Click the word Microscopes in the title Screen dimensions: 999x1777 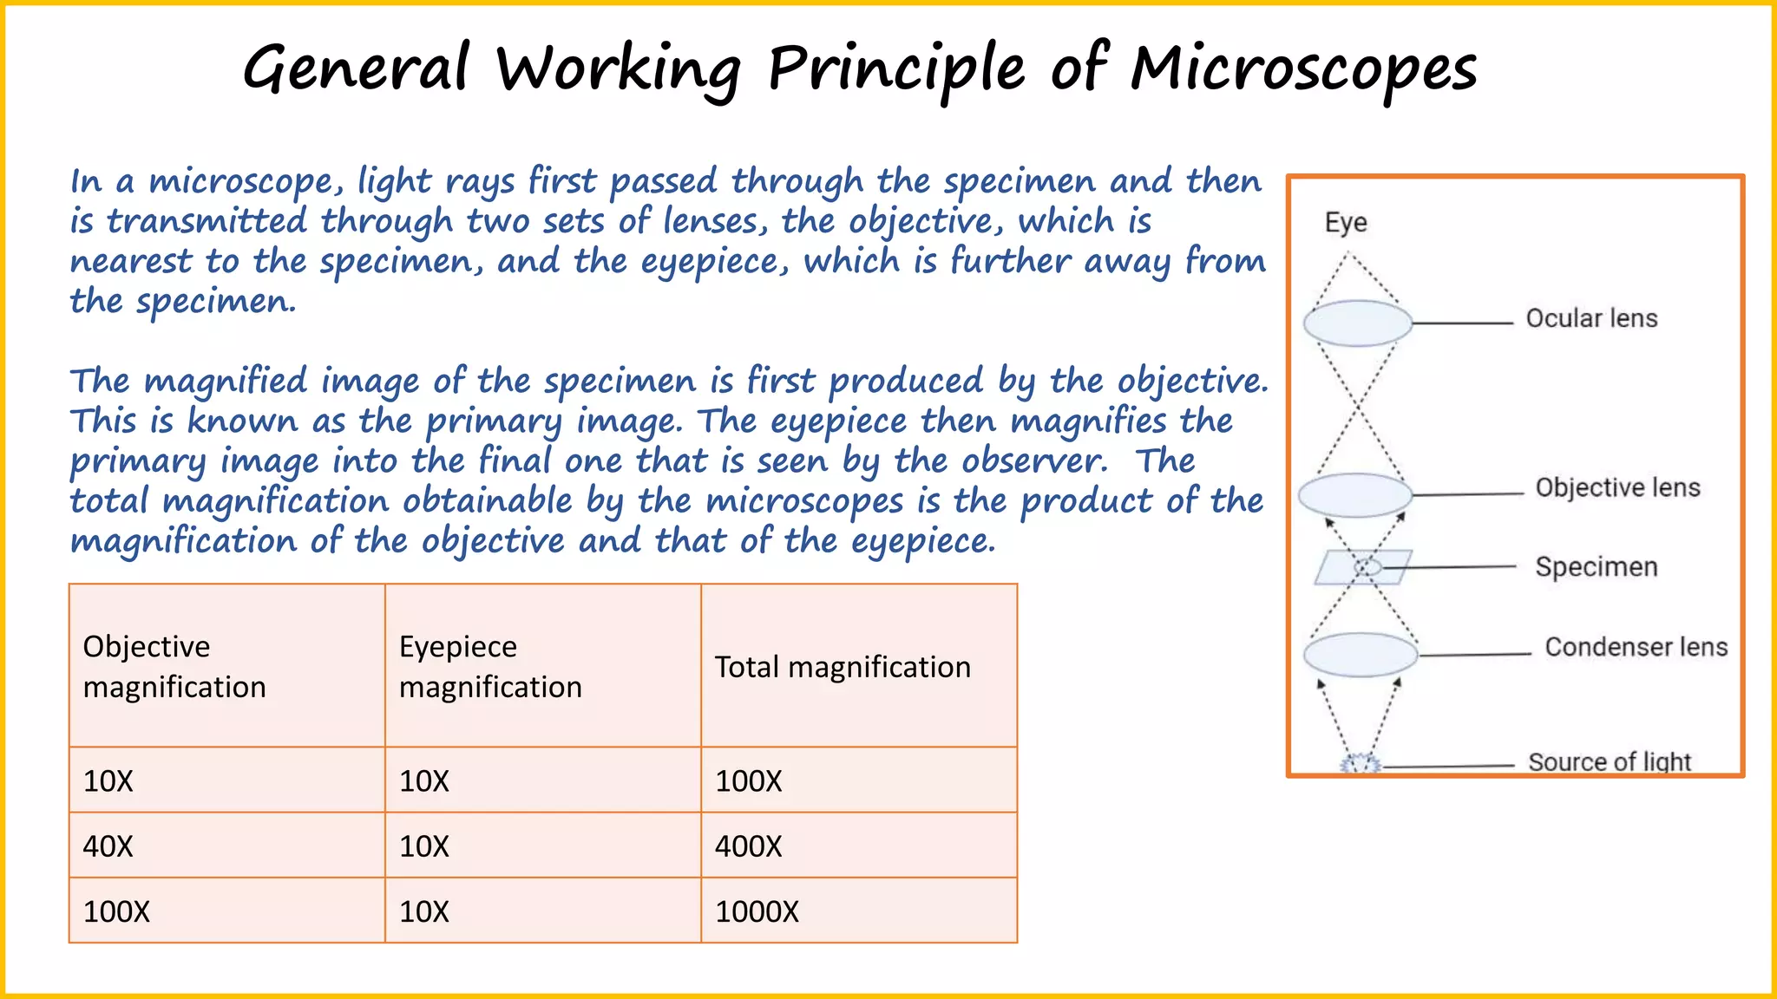click(x=1303, y=69)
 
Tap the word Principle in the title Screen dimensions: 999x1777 click(x=897, y=69)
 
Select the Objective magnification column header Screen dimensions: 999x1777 click(x=174, y=666)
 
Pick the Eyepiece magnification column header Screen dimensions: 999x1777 click(x=490, y=666)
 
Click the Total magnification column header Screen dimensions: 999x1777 click(x=843, y=667)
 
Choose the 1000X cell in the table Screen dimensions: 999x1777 click(x=757, y=911)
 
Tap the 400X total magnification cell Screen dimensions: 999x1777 click(x=748, y=846)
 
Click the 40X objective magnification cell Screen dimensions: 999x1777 click(x=108, y=846)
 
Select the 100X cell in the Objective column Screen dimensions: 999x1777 click(x=116, y=911)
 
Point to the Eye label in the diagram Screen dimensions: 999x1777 click(x=1346, y=223)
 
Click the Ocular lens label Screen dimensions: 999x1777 click(x=1591, y=318)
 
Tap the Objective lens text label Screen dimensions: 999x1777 click(x=1617, y=487)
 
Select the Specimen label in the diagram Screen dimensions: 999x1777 click(x=1596, y=567)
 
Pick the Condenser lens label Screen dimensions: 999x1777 click(x=1636, y=647)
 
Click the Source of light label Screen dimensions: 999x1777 click(x=1610, y=762)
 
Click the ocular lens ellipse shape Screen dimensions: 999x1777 click(x=1358, y=323)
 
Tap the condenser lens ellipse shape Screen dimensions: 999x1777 click(x=1360, y=655)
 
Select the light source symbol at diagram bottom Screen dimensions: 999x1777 click(x=1360, y=764)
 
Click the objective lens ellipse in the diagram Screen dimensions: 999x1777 click(x=1355, y=495)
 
